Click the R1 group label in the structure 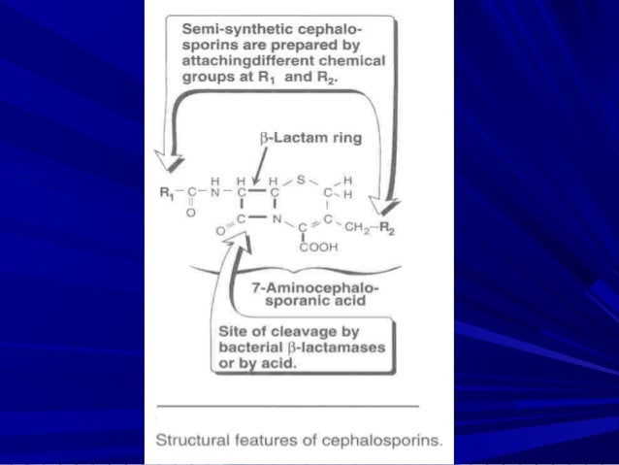click(x=166, y=192)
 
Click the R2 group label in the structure click(x=387, y=229)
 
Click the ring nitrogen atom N click(x=276, y=220)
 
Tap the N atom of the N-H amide click(x=216, y=192)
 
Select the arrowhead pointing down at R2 click(x=389, y=206)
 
